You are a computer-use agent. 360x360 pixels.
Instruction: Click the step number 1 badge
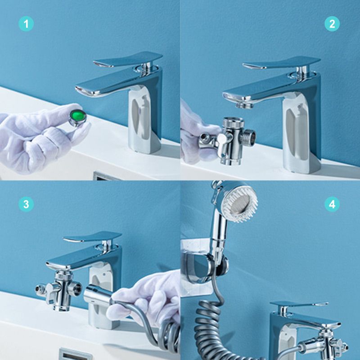point(26,23)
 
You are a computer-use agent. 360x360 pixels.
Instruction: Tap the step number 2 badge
point(332,23)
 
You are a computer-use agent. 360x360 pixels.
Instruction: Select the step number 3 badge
point(26,204)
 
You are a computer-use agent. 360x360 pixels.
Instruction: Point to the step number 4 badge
point(332,204)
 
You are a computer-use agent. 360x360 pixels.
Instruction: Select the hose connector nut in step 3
point(97,294)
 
